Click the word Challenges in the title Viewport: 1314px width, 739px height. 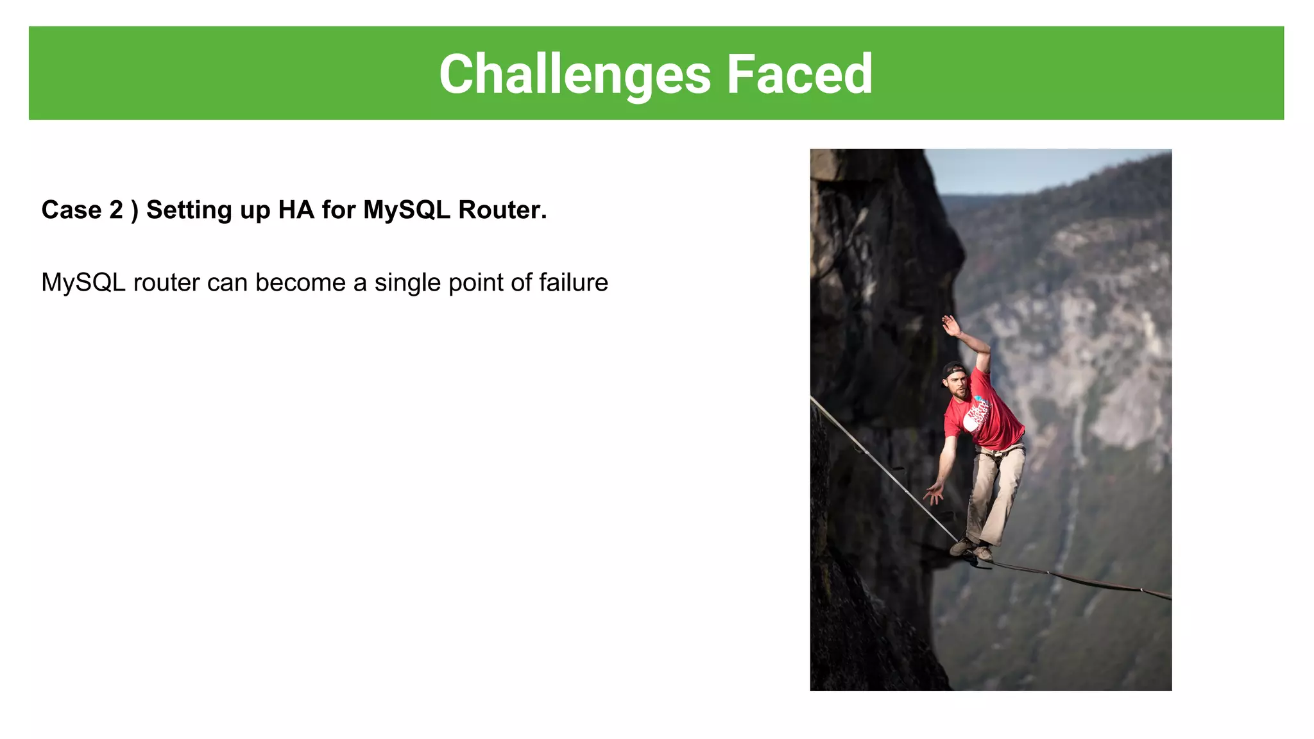pyautogui.click(x=574, y=75)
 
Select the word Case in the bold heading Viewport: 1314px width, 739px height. pyautogui.click(x=71, y=210)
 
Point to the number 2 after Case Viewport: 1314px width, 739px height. pyautogui.click(x=116, y=210)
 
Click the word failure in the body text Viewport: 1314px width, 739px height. pyautogui.click(x=573, y=283)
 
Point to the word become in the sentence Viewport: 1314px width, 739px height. pyautogui.click(x=300, y=283)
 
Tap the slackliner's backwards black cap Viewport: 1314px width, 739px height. pyautogui.click(x=953, y=370)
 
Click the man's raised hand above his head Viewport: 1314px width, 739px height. pyautogui.click(x=950, y=325)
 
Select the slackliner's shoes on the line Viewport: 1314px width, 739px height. pyautogui.click(x=971, y=549)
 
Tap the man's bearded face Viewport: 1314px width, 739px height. pyautogui.click(x=959, y=387)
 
